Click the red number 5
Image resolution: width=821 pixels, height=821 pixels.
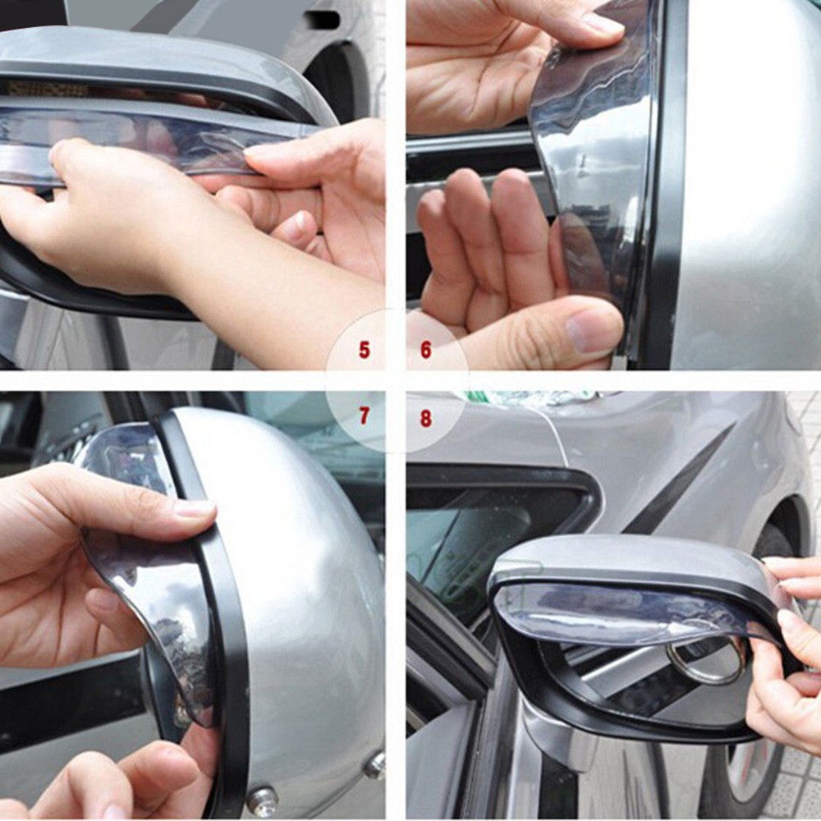(364, 350)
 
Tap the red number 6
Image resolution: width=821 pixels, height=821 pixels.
(425, 350)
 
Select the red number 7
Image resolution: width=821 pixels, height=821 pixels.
(364, 417)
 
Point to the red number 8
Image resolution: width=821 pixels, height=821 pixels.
(425, 418)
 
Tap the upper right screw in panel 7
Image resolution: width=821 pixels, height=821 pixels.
(375, 765)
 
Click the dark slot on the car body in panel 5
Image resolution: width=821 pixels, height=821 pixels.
(327, 19)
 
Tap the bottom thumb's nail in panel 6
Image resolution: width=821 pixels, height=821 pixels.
(591, 329)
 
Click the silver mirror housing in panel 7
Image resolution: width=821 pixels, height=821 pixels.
(304, 575)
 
